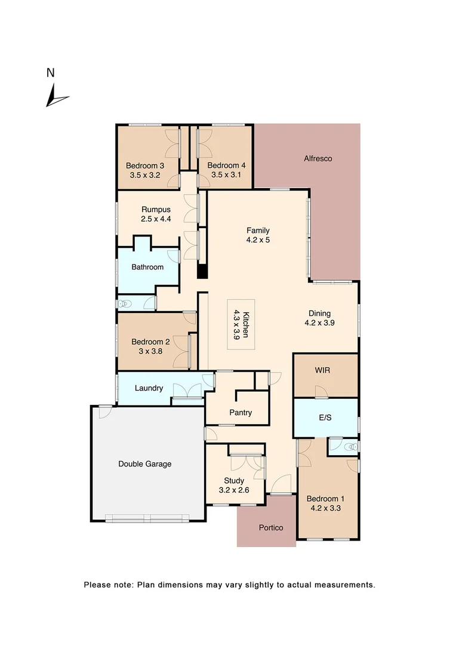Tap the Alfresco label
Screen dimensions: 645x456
318,159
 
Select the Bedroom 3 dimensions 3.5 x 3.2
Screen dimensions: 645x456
146,176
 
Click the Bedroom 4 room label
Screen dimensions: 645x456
226,165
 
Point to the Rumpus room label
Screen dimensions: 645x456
156,210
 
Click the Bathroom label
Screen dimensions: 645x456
147,267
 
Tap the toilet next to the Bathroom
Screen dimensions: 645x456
124,304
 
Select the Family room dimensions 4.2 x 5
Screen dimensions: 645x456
258,240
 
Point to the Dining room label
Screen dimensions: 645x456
319,314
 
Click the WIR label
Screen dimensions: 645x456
322,370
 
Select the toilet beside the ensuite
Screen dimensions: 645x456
350,446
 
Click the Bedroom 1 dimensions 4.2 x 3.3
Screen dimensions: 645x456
325,509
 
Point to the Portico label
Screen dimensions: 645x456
270,528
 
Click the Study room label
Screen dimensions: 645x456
234,480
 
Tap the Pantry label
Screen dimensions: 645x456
241,413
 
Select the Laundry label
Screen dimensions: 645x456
149,388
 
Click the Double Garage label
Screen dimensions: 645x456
144,463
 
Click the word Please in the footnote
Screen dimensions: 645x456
96,585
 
